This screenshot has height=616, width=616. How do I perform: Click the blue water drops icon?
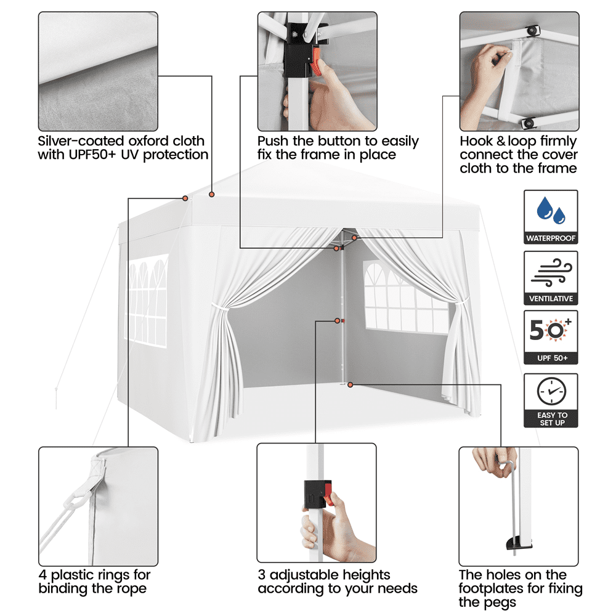coord(551,210)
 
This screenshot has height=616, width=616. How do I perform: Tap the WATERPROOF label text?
coord(551,238)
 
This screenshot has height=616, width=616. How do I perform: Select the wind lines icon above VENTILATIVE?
coord(551,272)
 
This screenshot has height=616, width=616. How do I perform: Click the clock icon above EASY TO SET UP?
coord(551,391)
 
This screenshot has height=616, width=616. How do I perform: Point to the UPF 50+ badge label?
coord(553,358)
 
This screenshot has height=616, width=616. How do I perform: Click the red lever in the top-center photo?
coord(316,62)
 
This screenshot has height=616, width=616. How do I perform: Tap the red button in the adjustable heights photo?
coord(328,494)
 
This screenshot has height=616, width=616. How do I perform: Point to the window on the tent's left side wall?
coord(146,301)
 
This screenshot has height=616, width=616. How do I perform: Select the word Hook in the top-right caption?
coord(477,140)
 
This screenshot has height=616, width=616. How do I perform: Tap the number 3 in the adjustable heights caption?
coord(262,575)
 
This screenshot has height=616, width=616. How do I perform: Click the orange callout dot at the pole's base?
coord(350,384)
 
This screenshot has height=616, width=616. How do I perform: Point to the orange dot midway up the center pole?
coord(337,321)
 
